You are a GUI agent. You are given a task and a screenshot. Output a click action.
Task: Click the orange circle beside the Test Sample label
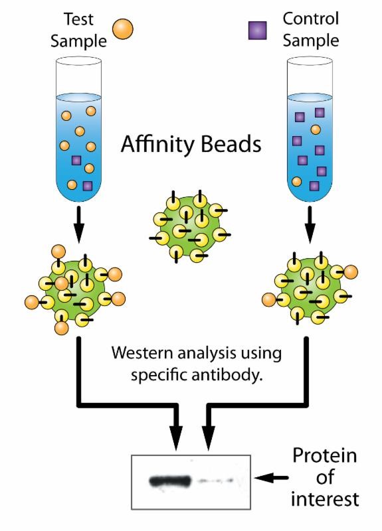(123, 29)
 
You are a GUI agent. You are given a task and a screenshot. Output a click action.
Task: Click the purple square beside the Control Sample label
(257, 31)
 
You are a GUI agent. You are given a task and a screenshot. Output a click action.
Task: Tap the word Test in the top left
(78, 19)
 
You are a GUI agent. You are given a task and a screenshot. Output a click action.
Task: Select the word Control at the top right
(311, 19)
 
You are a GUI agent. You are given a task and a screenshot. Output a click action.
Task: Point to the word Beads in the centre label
(231, 144)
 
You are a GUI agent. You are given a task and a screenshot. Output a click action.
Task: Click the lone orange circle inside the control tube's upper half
(316, 129)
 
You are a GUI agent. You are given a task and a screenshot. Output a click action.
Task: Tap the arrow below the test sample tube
(78, 224)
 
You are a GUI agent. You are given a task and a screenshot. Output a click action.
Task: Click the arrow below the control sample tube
(310, 224)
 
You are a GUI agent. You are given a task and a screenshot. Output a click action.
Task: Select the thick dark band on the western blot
(170, 481)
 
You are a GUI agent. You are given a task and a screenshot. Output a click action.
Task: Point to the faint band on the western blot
(216, 481)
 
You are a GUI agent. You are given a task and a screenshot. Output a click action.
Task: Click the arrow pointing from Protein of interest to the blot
(271, 478)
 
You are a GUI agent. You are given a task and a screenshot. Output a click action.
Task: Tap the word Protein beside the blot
(325, 456)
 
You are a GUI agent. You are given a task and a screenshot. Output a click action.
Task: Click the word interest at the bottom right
(325, 499)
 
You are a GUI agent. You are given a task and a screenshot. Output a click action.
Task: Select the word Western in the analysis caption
(142, 353)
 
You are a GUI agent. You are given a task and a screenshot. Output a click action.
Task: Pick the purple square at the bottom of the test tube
(88, 186)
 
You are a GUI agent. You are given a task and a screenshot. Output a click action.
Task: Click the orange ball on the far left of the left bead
(32, 303)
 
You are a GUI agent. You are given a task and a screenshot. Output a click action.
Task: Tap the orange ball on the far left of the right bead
(269, 300)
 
